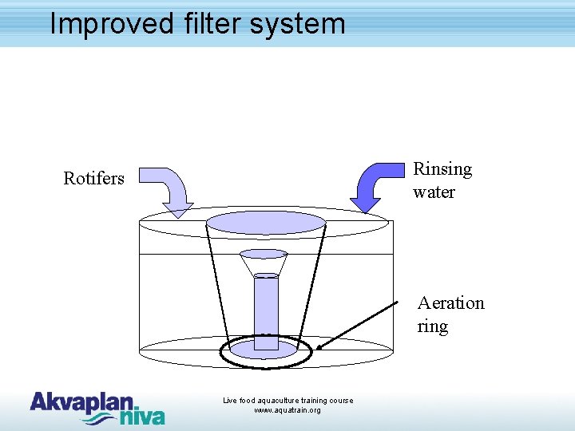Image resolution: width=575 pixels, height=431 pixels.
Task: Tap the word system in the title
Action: tap(297, 25)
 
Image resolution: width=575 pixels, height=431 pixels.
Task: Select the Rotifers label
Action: tap(93, 178)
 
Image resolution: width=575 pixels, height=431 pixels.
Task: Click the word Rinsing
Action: tap(442, 169)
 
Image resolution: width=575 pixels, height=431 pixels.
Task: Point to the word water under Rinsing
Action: tap(434, 192)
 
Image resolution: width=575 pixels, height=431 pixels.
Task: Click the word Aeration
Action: tap(450, 303)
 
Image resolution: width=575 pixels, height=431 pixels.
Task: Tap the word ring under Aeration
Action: tap(432, 326)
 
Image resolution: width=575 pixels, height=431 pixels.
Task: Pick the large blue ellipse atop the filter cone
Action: tap(266, 223)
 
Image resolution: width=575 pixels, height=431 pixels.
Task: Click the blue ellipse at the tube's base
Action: tap(264, 349)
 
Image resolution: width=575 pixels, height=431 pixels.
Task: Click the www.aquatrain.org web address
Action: tap(287, 410)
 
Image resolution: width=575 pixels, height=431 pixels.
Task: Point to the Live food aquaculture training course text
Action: tap(287, 400)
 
